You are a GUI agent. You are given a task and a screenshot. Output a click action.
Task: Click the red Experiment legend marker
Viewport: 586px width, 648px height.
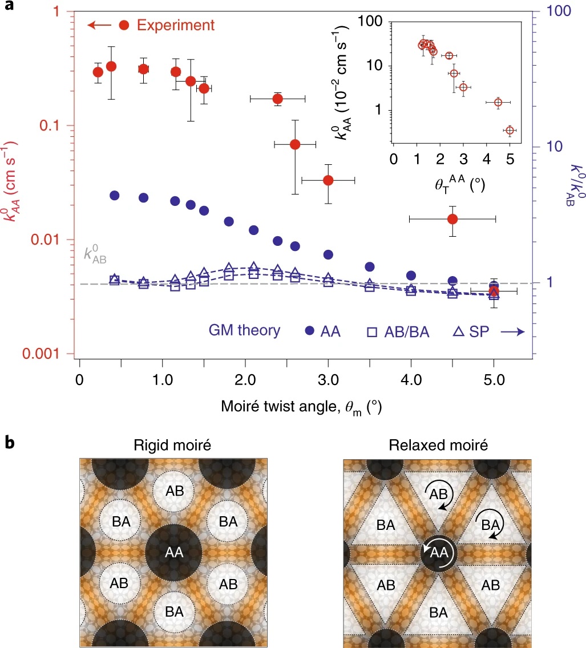124,25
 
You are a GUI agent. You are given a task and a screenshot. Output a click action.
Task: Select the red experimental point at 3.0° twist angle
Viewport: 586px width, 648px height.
328,180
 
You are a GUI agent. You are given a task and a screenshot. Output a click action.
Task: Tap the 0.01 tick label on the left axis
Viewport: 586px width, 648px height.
51,240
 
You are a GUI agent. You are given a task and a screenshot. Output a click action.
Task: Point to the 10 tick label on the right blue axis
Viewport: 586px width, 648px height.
546,147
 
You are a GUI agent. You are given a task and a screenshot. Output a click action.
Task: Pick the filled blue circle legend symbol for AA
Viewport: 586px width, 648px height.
310,331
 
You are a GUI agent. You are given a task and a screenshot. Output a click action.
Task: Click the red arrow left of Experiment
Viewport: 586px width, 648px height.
99,25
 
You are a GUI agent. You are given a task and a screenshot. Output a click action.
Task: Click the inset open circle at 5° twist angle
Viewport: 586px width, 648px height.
509,131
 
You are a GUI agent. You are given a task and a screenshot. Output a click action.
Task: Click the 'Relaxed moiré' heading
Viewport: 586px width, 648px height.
437,445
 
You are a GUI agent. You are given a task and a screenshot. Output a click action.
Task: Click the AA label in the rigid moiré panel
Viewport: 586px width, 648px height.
173,552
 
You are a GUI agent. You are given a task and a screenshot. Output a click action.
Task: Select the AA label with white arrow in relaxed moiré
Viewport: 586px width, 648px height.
438,552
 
